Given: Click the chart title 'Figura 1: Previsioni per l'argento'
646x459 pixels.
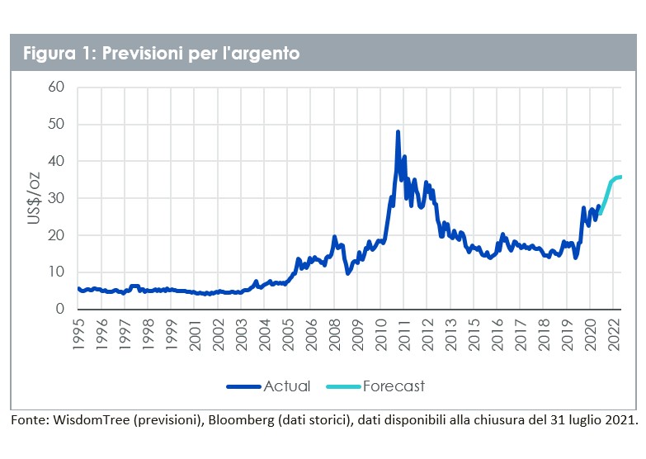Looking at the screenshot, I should (161, 54).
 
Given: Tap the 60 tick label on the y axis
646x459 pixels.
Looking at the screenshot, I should (56, 87).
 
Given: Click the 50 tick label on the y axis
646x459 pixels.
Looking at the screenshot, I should (56, 124).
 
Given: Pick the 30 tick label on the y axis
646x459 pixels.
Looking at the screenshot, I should (56, 198).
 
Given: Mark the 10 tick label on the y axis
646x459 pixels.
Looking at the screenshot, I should (56, 272).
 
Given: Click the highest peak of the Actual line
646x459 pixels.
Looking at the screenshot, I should (398, 131).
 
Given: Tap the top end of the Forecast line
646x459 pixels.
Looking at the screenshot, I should (620, 177).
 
